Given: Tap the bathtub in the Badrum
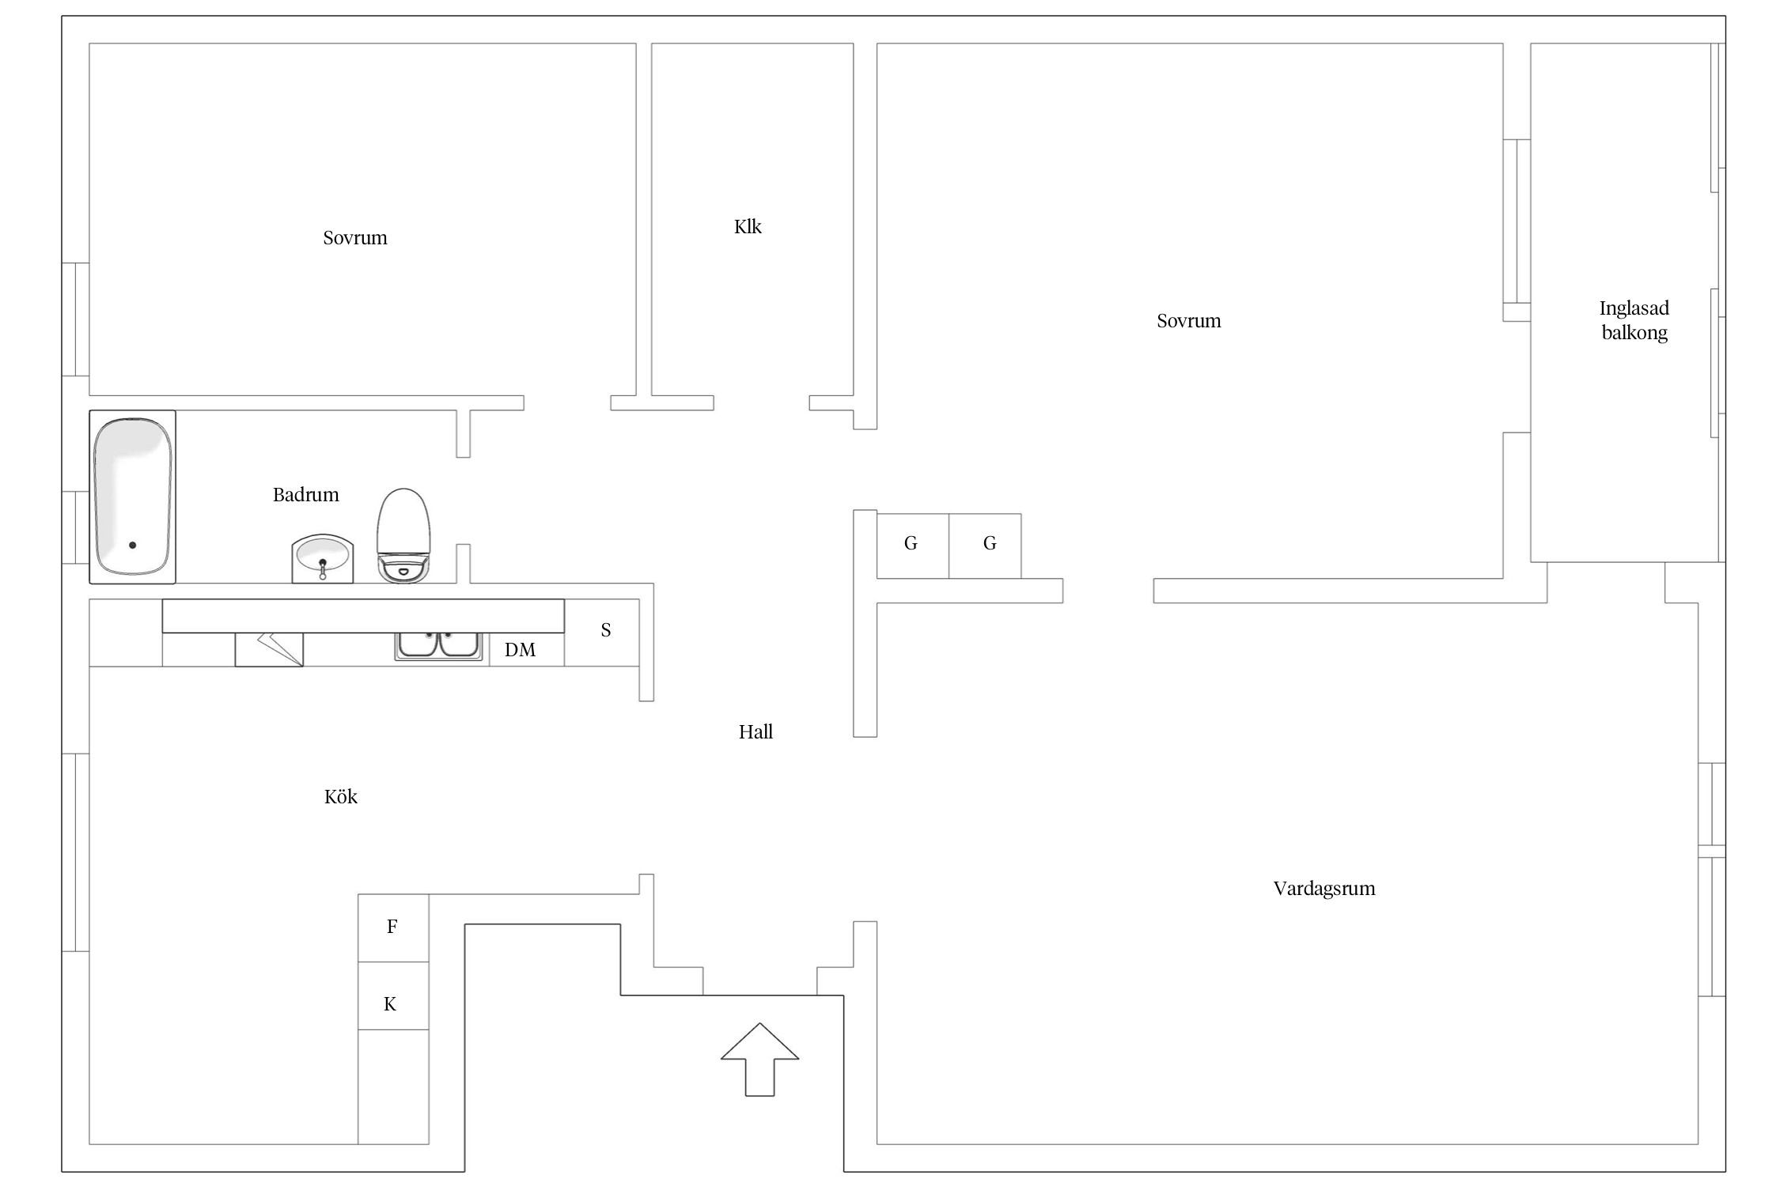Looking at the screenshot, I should click(132, 497).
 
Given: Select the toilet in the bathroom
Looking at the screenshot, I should click(403, 536).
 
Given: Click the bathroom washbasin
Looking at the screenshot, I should click(323, 558).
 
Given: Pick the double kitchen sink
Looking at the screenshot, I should click(438, 645).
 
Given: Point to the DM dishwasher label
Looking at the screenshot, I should click(520, 650).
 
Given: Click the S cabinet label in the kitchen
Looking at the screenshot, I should click(606, 630).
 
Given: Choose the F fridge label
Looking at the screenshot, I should click(392, 927).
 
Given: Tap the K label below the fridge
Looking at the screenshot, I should click(390, 1004).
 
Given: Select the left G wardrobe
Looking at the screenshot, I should click(911, 544).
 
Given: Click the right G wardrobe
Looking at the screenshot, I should click(989, 544).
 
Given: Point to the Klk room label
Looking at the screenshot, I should click(748, 227).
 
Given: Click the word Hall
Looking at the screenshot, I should click(756, 732).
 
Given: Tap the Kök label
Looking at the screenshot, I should click(341, 797).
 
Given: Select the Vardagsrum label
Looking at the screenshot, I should click(1324, 889).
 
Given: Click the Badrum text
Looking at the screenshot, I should click(305, 495).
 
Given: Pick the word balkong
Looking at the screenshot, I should click(1634, 333).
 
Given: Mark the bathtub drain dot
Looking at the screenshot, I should click(132, 545).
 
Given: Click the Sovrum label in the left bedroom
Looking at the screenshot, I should click(355, 238).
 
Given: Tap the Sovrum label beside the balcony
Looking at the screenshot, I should click(1188, 321).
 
